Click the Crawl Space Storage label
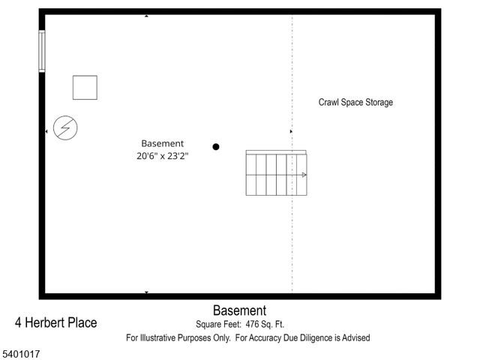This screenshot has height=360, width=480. (x=355, y=103)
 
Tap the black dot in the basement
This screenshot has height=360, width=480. (x=216, y=147)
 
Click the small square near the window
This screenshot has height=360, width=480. (x=85, y=88)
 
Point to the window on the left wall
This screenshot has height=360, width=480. (x=42, y=51)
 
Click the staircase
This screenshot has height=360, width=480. (x=276, y=173)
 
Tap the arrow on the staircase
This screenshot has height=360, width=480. (x=304, y=175)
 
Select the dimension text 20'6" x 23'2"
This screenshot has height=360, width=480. (x=163, y=157)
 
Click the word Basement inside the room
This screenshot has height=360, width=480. (x=163, y=143)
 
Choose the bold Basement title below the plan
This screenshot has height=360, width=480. (x=239, y=310)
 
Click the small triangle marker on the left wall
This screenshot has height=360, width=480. (x=46, y=132)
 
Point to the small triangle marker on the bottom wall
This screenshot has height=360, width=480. (x=146, y=292)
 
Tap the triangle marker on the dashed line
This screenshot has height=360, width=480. (x=291, y=132)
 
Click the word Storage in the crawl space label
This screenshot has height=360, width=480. (x=377, y=103)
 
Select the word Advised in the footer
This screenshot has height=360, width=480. (x=354, y=338)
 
